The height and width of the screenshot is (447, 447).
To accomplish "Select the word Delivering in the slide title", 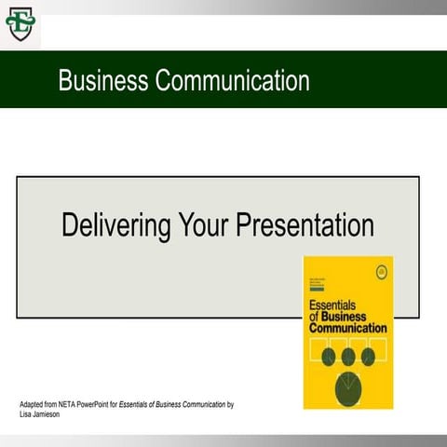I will pos(116,224).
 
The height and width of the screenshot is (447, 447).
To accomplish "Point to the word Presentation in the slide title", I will pos(305,224).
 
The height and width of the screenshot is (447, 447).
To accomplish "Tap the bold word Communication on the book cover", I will pos(347,328).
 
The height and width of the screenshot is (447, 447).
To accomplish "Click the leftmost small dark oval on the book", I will pos(328,356).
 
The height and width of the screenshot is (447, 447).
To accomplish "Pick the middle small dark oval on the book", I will pos(348,356).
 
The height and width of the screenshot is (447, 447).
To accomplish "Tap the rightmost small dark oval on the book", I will pos(368,356).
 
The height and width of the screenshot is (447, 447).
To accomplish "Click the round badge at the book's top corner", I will pos(380,272).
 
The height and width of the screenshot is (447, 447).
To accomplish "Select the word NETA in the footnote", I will pos(74,405).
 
